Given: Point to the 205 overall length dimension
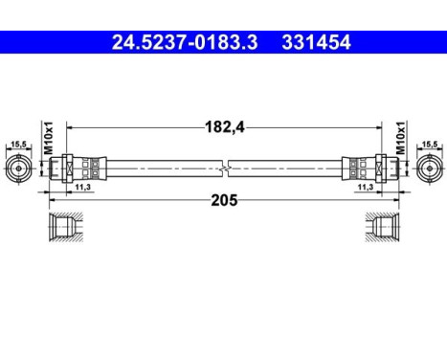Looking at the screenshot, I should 223,200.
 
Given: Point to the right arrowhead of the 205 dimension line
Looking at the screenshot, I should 395,200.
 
